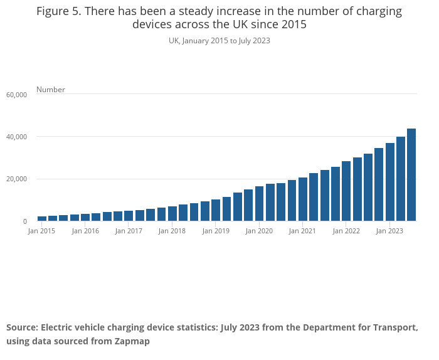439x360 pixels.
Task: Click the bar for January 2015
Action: [x=42, y=218]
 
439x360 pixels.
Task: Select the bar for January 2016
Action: [x=85, y=218]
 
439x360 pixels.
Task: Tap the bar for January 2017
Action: [x=129, y=216]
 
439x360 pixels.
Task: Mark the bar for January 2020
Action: [x=259, y=204]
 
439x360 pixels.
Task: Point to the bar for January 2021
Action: [x=303, y=199]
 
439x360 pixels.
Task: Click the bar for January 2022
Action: [x=346, y=191]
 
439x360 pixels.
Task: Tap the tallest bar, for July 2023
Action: [x=411, y=175]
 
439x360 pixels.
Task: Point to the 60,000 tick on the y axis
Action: [x=17, y=95]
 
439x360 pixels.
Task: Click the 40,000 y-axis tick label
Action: [x=17, y=137]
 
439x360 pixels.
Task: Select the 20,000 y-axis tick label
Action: [x=17, y=179]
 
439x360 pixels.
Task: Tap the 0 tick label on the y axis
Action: [x=25, y=221]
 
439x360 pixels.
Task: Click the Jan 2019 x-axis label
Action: [x=216, y=231]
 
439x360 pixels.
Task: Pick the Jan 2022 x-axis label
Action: [x=346, y=231]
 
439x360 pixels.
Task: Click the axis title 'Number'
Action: [x=51, y=90]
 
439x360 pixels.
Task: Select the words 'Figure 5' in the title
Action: [x=58, y=11]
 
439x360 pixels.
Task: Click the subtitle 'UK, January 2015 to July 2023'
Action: [x=219, y=41]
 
